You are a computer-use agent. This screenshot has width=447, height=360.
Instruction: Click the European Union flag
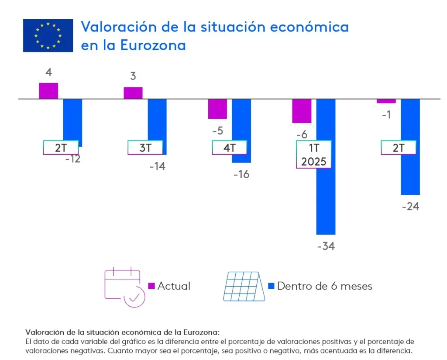click(x=48, y=35)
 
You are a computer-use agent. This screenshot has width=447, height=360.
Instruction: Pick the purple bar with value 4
click(x=48, y=91)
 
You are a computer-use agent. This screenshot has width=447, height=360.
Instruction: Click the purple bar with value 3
click(x=133, y=93)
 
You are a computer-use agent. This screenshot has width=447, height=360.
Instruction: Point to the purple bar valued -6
click(x=302, y=111)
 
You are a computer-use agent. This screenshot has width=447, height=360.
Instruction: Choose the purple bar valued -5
click(x=217, y=109)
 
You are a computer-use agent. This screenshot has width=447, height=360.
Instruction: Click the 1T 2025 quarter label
click(x=313, y=154)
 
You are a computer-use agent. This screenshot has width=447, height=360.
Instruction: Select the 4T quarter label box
click(x=229, y=148)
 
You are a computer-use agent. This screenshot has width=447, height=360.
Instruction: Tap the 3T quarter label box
click(x=145, y=148)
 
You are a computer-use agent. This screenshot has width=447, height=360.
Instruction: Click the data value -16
click(x=241, y=174)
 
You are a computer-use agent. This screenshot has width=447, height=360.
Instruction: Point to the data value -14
click(x=157, y=166)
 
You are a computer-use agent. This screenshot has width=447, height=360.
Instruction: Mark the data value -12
click(x=72, y=159)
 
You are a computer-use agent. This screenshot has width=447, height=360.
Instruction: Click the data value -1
click(x=386, y=115)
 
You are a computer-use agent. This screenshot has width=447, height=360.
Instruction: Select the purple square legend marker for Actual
click(x=152, y=286)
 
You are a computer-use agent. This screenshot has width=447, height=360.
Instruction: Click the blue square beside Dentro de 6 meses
click(x=271, y=286)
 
